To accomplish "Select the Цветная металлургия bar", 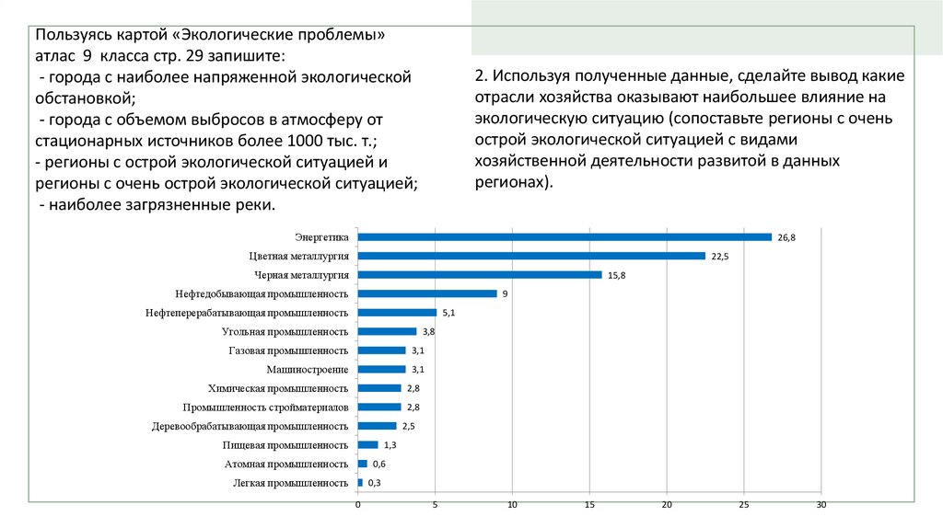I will tap(530, 256).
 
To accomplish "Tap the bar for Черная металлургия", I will tap(479, 275).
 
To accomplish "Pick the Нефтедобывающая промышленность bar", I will tap(426, 293).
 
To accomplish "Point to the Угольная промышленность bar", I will tap(387, 331).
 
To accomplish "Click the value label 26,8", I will tap(786, 237).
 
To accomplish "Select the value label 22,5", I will tap(719, 256).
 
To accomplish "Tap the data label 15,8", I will tap(616, 275).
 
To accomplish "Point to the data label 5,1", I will tap(449, 313).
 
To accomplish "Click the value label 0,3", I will tap(375, 483).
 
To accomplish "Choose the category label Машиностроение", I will tap(307, 369).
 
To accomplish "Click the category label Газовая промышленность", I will tap(287, 350).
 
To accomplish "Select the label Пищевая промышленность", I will tap(285, 445).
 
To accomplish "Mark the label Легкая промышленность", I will tap(289, 483).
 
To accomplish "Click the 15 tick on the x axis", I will tap(589, 505).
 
